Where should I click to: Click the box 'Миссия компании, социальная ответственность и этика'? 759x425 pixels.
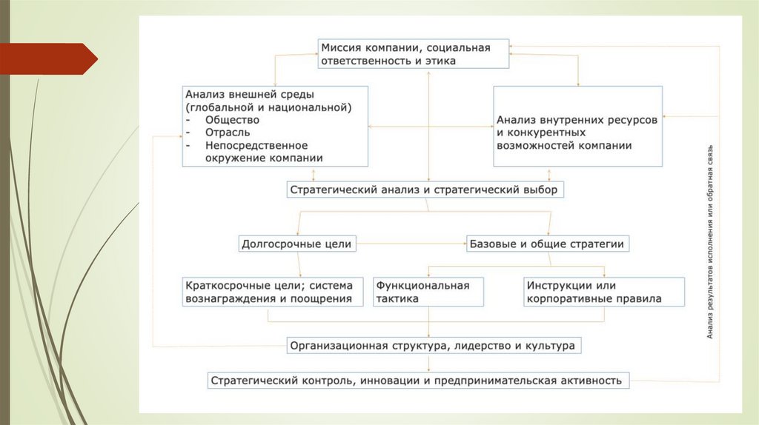414,55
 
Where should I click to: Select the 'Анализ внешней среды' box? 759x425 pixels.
275,126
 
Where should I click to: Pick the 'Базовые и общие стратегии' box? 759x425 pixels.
549,243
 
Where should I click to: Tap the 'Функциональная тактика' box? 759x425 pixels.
428,292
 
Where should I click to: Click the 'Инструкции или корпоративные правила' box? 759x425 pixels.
593,292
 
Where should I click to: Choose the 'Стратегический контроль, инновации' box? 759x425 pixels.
418,381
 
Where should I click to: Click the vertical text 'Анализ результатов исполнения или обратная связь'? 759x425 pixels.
709,241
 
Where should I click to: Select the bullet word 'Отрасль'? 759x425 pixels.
228,133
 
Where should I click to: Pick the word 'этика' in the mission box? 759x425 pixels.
440,61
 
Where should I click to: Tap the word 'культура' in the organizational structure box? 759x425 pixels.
549,345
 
